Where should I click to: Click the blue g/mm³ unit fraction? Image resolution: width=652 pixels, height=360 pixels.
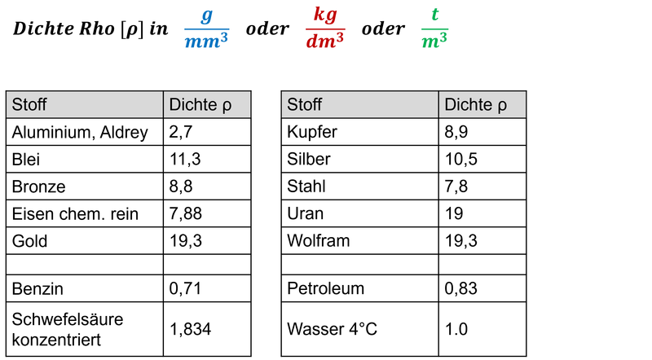(x=207, y=29)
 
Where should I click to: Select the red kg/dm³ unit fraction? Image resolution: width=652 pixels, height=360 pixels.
(x=325, y=29)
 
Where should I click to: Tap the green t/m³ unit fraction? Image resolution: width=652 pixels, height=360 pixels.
(x=434, y=29)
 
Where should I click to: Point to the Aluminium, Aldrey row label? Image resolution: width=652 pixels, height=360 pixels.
(x=80, y=132)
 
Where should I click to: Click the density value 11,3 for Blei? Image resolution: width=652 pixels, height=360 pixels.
(x=185, y=159)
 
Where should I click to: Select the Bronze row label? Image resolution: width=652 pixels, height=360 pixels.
(x=38, y=187)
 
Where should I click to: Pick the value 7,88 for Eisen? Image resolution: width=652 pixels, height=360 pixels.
(x=186, y=213)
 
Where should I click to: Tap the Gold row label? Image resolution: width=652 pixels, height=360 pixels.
(x=29, y=241)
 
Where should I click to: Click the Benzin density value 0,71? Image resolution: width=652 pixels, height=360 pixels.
(x=185, y=288)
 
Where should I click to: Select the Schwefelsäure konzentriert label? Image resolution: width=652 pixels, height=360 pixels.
(x=68, y=329)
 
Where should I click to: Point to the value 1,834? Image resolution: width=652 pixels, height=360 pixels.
(x=191, y=329)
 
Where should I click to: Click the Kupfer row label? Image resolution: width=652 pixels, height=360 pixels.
(x=312, y=132)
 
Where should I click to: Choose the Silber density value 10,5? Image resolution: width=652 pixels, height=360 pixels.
(x=461, y=159)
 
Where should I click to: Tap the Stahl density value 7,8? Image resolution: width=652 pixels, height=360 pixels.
(x=456, y=187)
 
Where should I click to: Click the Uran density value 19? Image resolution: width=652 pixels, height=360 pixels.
(x=454, y=213)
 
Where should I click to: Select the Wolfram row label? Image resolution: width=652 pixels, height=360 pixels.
(x=319, y=241)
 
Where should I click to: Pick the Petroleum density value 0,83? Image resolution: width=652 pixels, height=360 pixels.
(x=460, y=288)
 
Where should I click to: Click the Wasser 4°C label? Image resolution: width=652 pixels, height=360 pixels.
(x=333, y=329)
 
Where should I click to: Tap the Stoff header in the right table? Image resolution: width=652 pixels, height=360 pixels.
(x=304, y=105)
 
